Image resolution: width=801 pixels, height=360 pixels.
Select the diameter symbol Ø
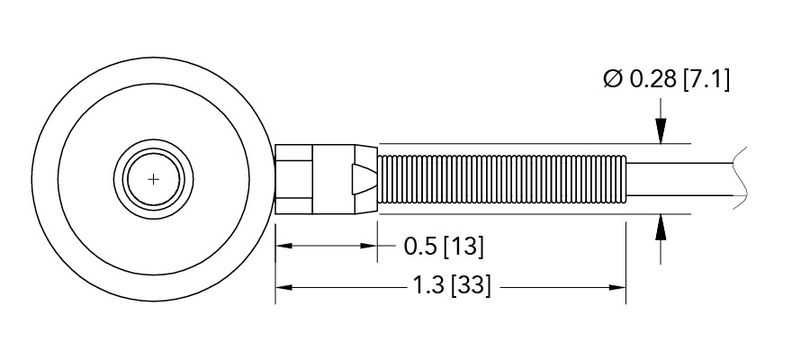(612, 80)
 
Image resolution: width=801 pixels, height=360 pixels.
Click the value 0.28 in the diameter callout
(651, 80)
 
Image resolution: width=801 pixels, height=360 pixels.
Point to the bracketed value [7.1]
(706, 80)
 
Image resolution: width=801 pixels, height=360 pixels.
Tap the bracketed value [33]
(472, 288)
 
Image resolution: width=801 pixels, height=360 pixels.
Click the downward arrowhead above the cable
(661, 135)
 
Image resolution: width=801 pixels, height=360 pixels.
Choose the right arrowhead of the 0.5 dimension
(368, 245)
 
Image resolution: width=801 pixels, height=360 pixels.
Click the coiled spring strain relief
(500, 178)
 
